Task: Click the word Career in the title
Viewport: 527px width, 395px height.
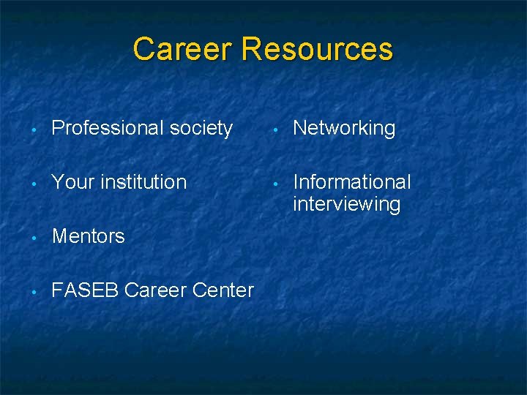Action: [x=183, y=50]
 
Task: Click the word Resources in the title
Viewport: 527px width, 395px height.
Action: [x=317, y=50]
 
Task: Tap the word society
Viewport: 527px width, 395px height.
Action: [x=201, y=129]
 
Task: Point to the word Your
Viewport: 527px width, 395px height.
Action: [x=72, y=182]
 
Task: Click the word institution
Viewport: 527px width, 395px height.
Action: [x=143, y=182]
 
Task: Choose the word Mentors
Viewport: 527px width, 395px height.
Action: [x=89, y=236]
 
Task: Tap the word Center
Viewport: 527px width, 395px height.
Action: [x=223, y=290]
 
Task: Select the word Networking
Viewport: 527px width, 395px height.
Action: [x=344, y=129]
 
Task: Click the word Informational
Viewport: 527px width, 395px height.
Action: [x=352, y=182]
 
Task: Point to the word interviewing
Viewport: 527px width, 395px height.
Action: [x=347, y=204]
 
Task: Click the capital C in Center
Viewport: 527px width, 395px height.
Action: [x=199, y=290]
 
